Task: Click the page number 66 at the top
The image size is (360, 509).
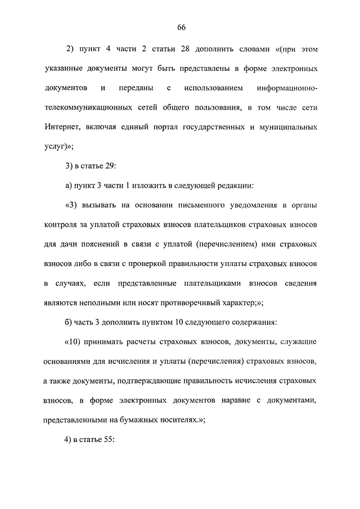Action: point(181,28)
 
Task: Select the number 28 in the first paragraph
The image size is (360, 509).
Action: point(184,49)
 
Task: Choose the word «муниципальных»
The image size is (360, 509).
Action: point(288,127)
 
